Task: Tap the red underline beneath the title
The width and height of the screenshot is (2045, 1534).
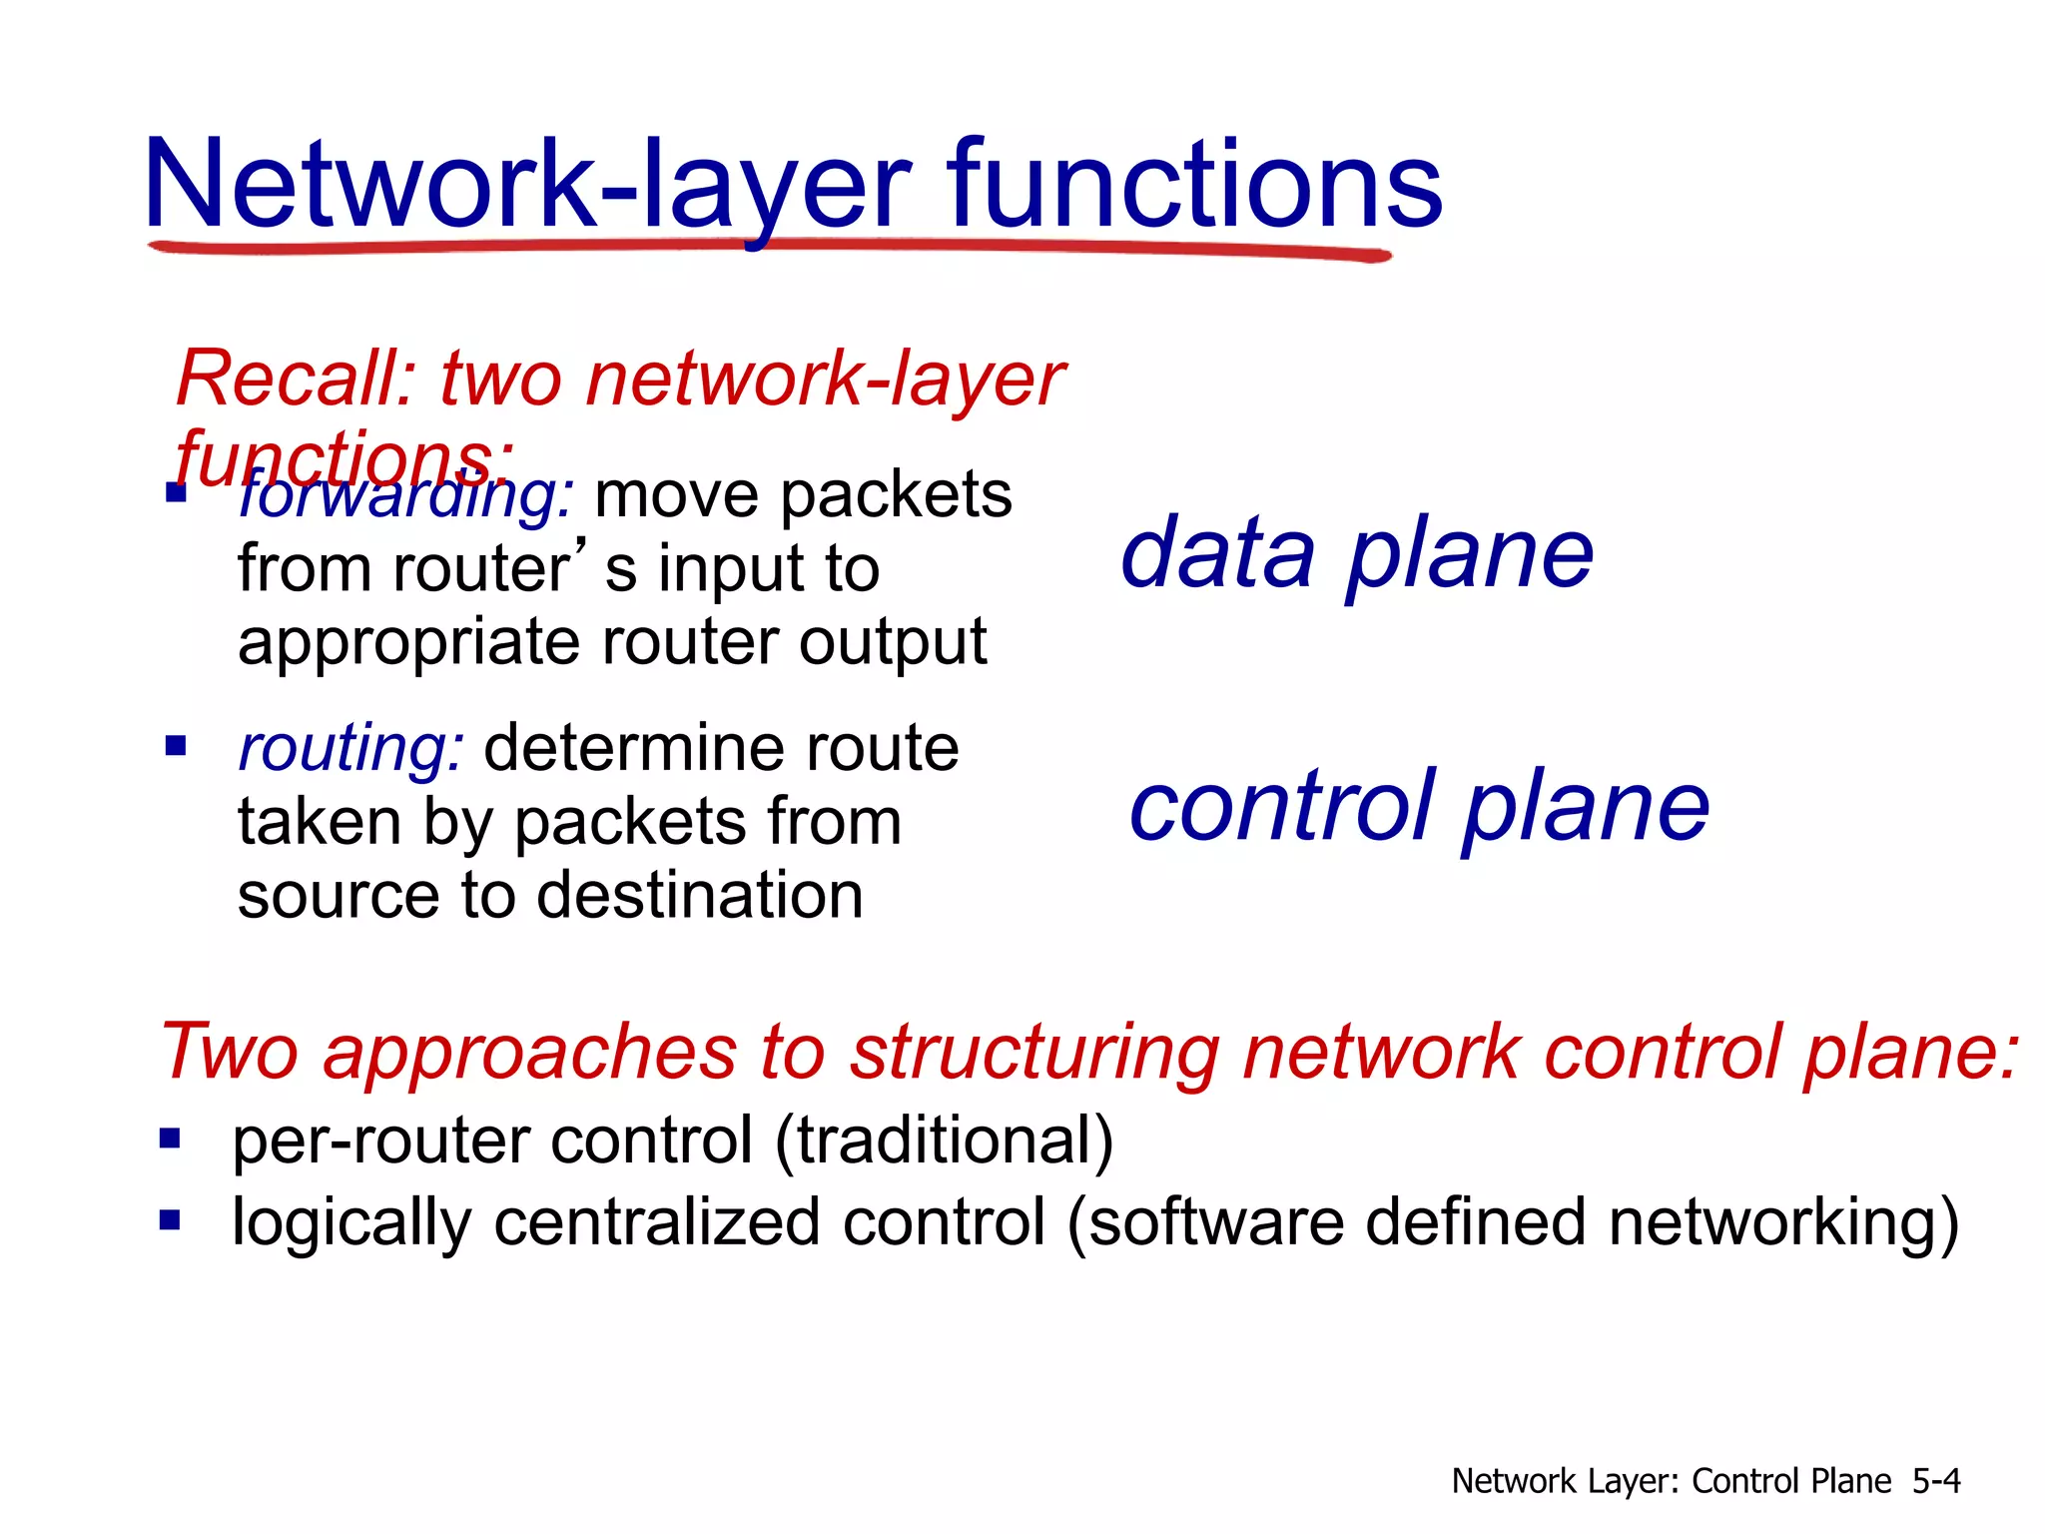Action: coord(769,247)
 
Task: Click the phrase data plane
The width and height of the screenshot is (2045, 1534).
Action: coord(1356,555)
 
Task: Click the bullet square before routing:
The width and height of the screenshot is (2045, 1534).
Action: coord(176,746)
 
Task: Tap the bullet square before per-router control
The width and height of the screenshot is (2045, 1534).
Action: coord(170,1139)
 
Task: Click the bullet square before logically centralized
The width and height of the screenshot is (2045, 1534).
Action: coord(170,1219)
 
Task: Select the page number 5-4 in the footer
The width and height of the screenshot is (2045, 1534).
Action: coord(1935,1481)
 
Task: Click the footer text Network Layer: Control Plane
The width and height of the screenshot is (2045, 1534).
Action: coord(1671,1481)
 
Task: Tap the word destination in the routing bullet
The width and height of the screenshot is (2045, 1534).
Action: coord(699,895)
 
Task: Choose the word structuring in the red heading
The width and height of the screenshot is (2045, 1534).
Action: coord(1034,1053)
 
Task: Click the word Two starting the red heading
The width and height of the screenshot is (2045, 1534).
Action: coord(230,1053)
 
